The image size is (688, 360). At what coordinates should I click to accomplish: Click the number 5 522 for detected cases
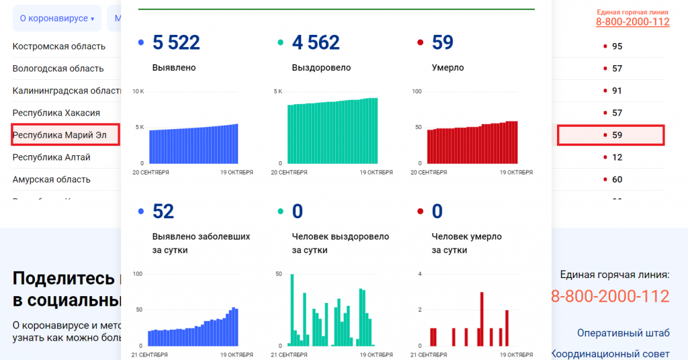pos(176,42)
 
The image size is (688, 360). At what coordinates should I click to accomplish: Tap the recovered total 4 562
pos(316,42)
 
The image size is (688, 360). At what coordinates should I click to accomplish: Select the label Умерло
pos(447,68)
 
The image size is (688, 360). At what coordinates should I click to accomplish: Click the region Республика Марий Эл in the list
pos(60,135)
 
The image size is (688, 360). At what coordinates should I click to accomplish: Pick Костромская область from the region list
pos(59,46)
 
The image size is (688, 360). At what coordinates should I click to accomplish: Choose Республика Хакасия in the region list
pos(56,113)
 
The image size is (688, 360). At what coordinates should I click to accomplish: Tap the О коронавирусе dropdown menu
pos(56,18)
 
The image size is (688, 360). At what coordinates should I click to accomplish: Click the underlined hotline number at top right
pos(632,21)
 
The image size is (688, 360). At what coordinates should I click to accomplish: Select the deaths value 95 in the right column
pos(617,46)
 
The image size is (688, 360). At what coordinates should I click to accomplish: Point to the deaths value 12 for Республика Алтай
pos(617,157)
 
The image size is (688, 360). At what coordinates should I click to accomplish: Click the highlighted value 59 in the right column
pos(617,135)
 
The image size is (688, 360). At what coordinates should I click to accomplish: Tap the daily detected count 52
pos(163,212)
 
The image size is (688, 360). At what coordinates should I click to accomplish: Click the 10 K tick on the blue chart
pos(138,91)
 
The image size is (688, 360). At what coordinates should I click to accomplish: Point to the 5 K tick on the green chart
pos(278,91)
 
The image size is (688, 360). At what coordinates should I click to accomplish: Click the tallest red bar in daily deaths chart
pos(482,318)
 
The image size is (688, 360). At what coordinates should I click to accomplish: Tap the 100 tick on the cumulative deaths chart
pos(416,91)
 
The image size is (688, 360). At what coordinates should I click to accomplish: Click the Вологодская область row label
pos(58,69)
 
